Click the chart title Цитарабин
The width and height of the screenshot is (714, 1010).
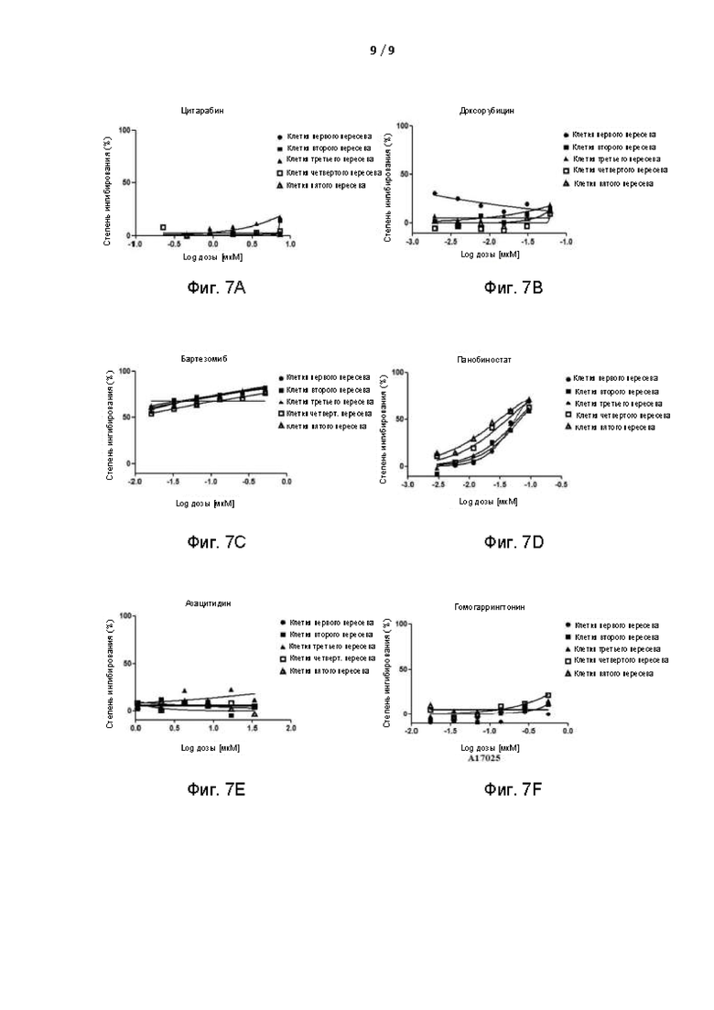202,111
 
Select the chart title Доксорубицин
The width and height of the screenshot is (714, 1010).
487,111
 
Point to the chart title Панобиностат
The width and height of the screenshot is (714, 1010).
484,360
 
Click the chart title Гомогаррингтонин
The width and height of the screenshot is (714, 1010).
490,607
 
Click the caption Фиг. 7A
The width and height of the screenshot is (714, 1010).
217,288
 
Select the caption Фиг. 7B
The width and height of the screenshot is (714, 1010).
514,288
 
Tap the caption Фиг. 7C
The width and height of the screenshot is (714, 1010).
217,542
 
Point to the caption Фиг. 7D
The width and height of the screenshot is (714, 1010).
514,542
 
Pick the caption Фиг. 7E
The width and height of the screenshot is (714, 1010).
217,789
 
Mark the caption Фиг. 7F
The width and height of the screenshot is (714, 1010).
514,789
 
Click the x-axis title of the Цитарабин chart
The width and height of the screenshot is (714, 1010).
212,258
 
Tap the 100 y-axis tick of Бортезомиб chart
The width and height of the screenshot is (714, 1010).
124,372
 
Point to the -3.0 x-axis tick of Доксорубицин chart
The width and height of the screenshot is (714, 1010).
412,243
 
